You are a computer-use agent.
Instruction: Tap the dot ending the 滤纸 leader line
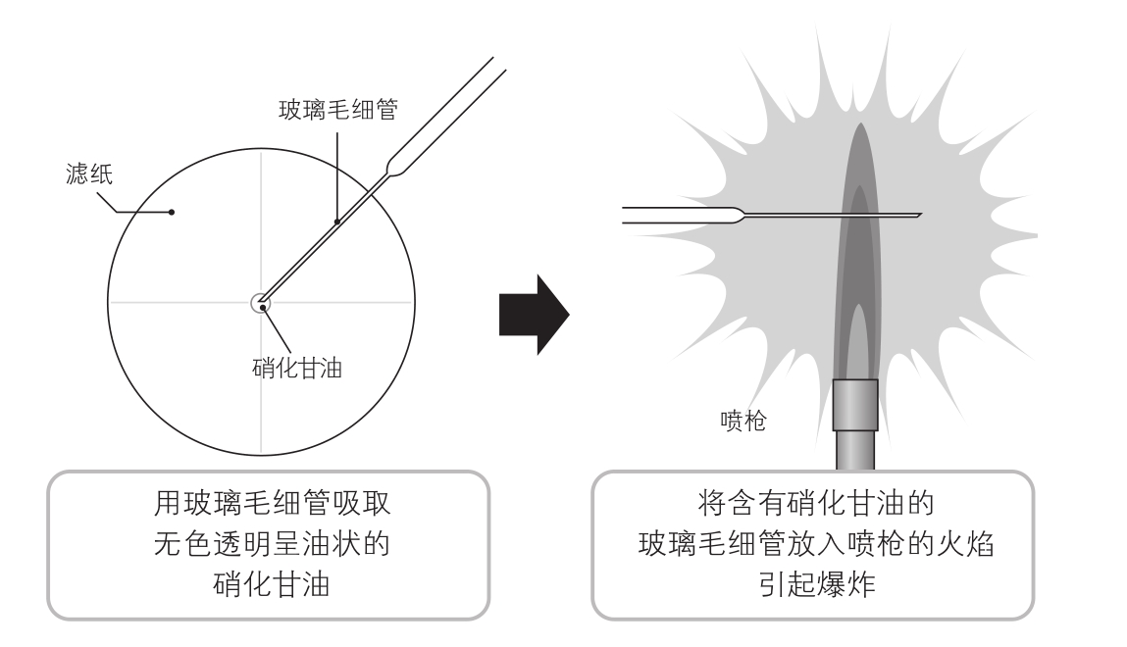click(172, 211)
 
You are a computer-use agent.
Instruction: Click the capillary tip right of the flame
click(917, 215)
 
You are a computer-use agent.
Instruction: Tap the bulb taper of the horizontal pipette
click(731, 215)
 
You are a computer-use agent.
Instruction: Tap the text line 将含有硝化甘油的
click(814, 507)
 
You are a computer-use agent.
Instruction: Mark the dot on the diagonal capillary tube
click(336, 223)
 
